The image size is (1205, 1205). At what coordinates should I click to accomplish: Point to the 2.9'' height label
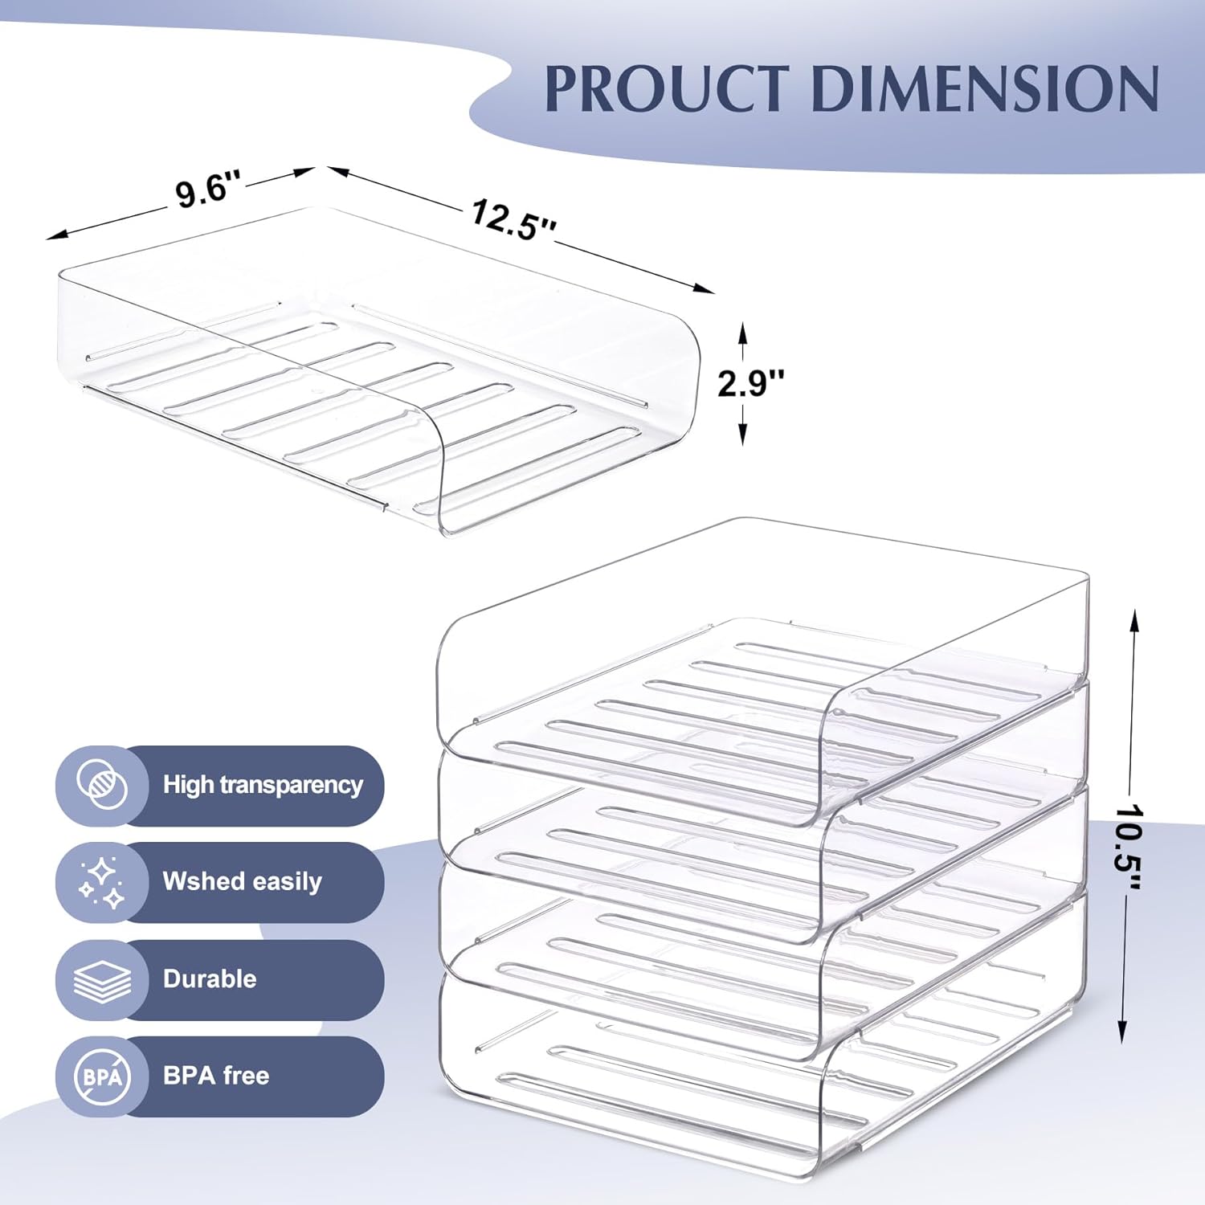(751, 383)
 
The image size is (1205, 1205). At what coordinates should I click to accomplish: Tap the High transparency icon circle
(102, 785)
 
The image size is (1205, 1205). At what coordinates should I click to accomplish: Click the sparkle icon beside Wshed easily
(102, 882)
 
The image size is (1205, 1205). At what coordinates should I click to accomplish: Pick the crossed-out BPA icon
(102, 1076)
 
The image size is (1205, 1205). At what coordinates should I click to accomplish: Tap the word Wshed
(198, 881)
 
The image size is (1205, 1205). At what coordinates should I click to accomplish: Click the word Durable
(210, 978)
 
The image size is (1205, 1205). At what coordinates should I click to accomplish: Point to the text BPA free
(216, 1075)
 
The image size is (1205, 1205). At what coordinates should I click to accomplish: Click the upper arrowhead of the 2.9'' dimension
(743, 333)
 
